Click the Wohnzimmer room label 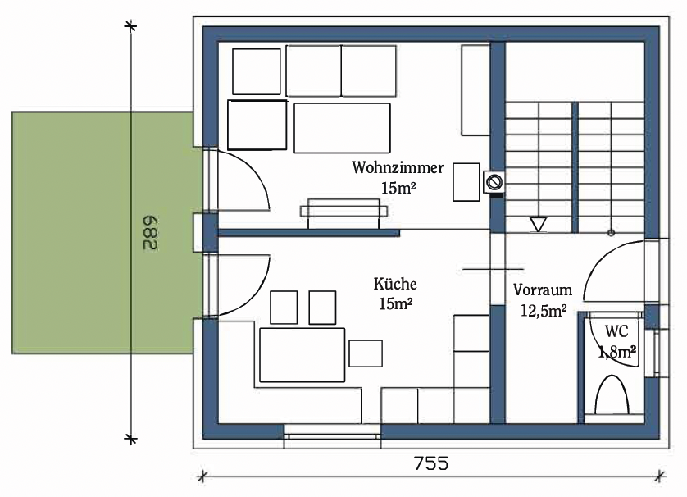(x=398, y=168)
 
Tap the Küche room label (x=395, y=284)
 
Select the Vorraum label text (x=543, y=290)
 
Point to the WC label (x=616, y=331)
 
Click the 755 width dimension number (x=431, y=463)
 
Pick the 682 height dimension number (x=150, y=232)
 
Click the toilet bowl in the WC (x=612, y=394)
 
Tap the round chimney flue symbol (x=495, y=181)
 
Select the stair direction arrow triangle (x=538, y=225)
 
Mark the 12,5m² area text (x=544, y=310)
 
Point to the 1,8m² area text (x=617, y=351)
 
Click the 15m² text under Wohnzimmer (x=398, y=188)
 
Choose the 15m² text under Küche (x=396, y=303)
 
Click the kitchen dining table (x=302, y=355)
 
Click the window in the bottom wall (x=333, y=436)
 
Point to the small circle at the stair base (x=612, y=233)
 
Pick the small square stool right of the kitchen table (x=366, y=353)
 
